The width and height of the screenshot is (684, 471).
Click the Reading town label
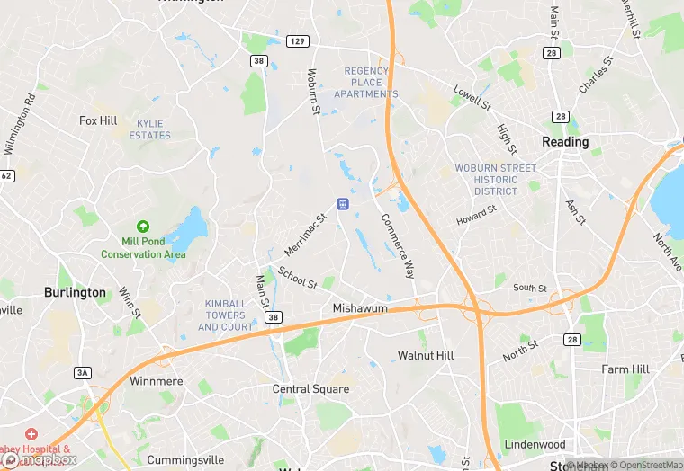[565, 142]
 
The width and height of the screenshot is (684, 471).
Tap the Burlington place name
[75, 293]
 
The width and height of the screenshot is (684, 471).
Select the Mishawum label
[360, 308]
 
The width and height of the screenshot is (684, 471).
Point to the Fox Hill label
[98, 120]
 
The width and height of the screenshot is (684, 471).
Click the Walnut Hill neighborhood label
[426, 356]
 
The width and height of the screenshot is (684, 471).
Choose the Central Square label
[310, 389]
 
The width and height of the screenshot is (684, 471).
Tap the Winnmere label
[156, 382]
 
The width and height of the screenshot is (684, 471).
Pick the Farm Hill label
[625, 369]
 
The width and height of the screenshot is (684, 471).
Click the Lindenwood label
[535, 445]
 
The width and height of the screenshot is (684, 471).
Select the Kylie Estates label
[149, 129]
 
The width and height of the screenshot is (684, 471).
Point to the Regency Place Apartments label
[366, 83]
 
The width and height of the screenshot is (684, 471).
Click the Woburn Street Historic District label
[495, 180]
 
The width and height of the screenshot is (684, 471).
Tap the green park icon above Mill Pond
[141, 227]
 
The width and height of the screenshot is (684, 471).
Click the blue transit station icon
[342, 204]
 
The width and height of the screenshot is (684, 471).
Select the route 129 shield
[298, 42]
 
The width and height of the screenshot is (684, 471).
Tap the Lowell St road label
[472, 98]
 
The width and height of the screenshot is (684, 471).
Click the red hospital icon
[31, 435]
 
